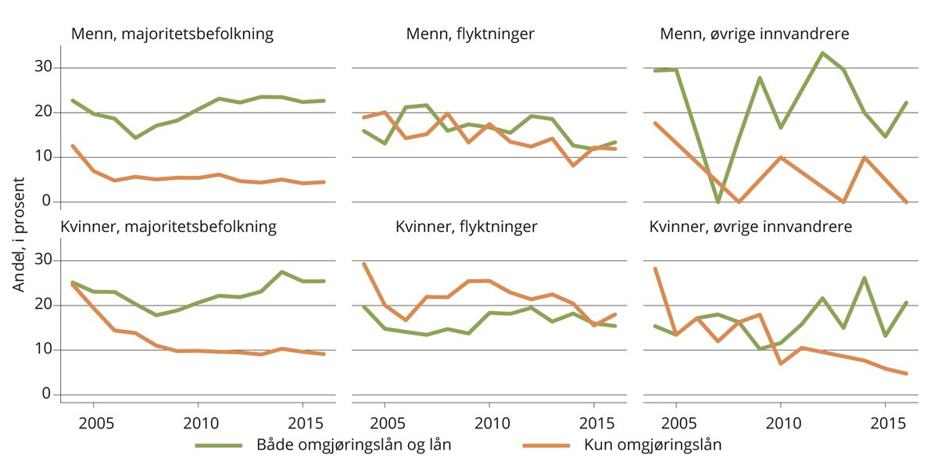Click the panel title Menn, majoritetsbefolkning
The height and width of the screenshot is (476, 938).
[x=172, y=34]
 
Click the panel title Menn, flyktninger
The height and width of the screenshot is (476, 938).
[x=470, y=34]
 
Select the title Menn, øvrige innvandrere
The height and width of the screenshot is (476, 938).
[x=754, y=34]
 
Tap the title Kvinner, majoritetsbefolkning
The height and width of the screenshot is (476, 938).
[x=169, y=227]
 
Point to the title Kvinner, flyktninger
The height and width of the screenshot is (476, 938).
[x=466, y=227]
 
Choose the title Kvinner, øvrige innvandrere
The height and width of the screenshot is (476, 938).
[x=751, y=227]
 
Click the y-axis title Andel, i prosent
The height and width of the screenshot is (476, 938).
[x=19, y=234]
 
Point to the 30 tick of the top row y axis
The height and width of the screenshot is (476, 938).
[x=44, y=68]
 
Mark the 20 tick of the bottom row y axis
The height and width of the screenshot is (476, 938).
[x=44, y=306]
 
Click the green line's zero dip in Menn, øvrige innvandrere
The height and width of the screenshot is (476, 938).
[x=718, y=202]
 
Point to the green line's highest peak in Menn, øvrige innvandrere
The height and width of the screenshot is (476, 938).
[x=822, y=53]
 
